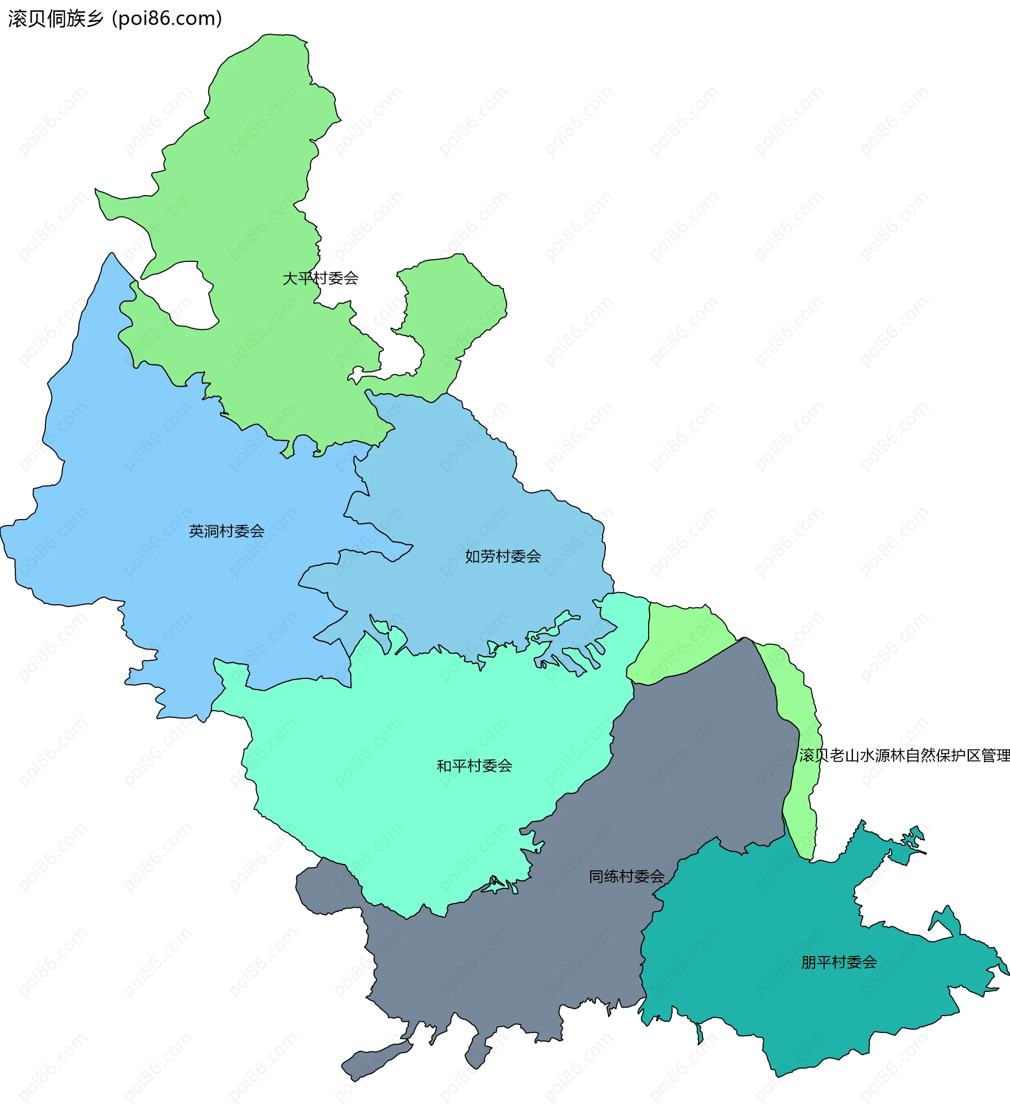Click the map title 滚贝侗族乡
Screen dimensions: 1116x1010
coord(55,19)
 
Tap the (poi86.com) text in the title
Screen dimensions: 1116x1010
coord(167,19)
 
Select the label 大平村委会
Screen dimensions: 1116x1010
coord(320,278)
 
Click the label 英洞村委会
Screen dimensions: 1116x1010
coord(227,531)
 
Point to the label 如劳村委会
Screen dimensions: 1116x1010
coord(503,556)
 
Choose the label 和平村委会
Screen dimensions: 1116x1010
coord(474,766)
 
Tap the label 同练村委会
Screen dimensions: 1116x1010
coord(627,876)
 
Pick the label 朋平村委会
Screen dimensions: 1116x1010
coord(839,962)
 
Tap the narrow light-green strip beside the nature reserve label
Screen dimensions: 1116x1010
coord(800,803)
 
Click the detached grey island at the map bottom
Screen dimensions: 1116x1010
coord(377,1060)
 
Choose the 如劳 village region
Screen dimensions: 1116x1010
coord(471,498)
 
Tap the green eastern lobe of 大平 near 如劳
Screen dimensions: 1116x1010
coord(454,310)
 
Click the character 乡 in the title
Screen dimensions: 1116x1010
coord(95,19)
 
